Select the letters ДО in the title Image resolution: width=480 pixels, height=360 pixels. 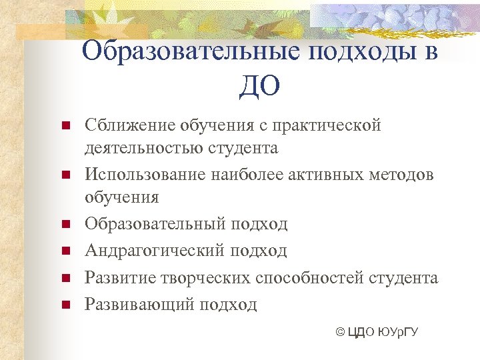[259, 87]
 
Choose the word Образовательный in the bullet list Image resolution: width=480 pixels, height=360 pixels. [156, 224]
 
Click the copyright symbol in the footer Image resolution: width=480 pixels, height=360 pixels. [341, 332]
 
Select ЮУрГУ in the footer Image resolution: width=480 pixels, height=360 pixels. [397, 332]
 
